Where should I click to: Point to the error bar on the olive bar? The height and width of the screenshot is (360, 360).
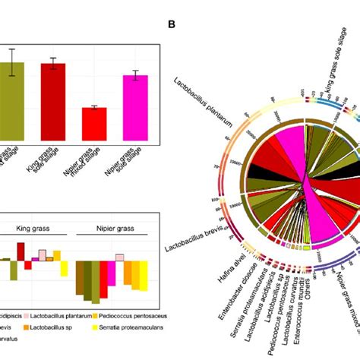coord(13,62)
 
